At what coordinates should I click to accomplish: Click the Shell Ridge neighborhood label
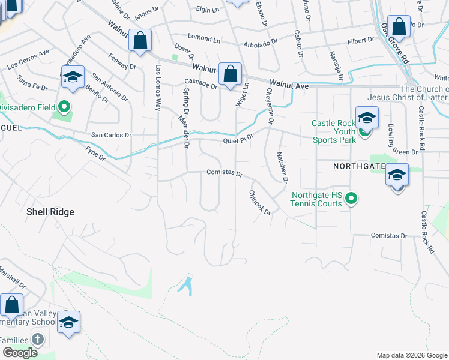(50, 212)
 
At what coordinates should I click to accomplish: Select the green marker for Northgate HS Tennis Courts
(352, 198)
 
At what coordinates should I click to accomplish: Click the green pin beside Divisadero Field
(64, 108)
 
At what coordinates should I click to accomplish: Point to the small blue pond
(186, 284)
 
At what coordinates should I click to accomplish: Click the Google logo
(19, 353)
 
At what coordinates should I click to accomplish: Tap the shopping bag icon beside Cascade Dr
(230, 75)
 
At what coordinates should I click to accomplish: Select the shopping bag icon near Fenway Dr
(140, 41)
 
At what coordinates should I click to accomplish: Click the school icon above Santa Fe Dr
(73, 79)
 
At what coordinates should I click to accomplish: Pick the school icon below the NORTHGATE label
(397, 176)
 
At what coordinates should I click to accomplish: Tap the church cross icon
(38, 340)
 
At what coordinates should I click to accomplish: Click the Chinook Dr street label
(260, 203)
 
